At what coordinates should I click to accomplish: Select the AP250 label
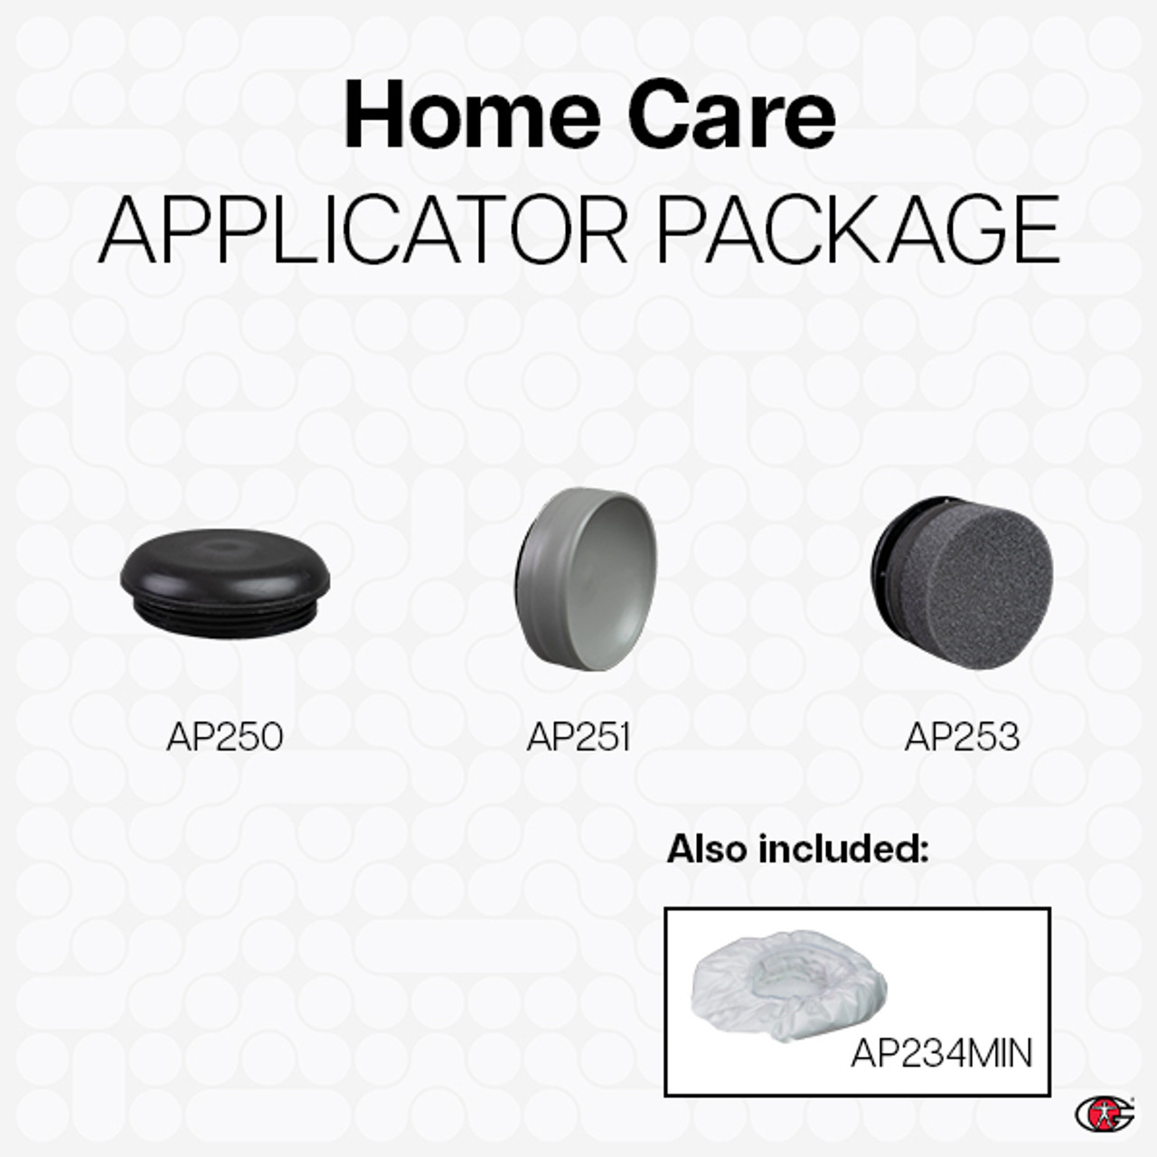225,737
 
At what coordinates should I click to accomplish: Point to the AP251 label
578,737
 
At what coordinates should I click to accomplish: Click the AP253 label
962,737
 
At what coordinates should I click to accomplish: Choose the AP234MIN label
941,1053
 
